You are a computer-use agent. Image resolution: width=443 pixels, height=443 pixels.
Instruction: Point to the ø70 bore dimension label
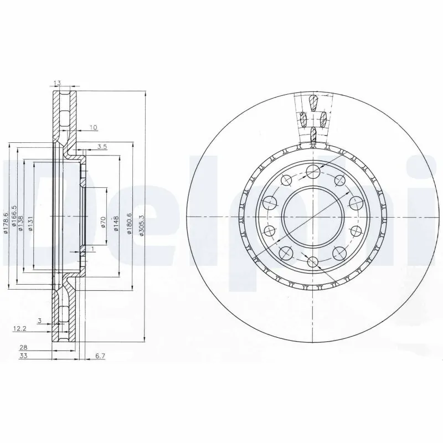click(104, 223)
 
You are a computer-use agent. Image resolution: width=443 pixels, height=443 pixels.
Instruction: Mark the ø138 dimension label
click(22, 223)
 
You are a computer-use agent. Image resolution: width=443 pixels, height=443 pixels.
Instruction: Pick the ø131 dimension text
click(31, 223)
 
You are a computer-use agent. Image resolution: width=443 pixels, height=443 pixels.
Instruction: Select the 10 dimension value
click(92, 128)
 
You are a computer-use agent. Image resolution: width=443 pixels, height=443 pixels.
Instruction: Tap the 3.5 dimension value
click(102, 146)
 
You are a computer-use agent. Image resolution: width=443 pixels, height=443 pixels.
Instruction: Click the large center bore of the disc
click(312, 217)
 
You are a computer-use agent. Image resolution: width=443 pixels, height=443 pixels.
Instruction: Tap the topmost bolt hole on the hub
click(312, 171)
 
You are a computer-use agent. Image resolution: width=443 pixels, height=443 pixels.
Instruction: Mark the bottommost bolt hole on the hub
click(312, 262)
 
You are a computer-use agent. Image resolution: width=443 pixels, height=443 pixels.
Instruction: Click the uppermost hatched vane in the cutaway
click(312, 102)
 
